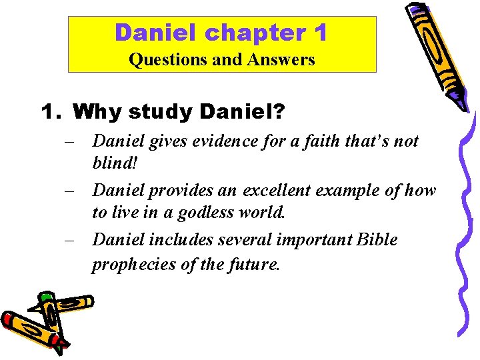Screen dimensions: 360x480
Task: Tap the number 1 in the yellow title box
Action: [319, 32]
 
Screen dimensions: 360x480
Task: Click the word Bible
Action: [376, 239]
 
